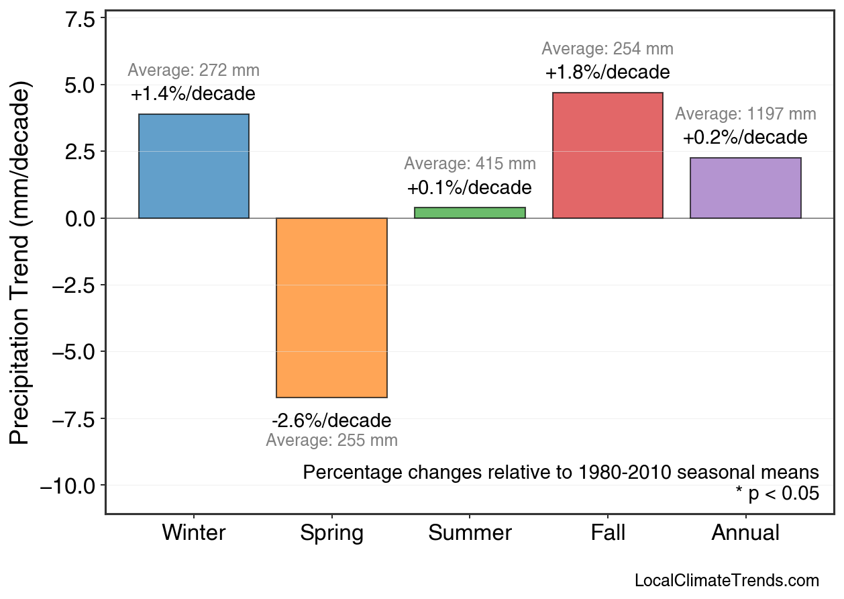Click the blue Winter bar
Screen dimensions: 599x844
(193, 166)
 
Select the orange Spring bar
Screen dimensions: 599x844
(331, 308)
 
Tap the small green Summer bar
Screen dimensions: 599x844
(470, 213)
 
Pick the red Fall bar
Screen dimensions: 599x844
(607, 155)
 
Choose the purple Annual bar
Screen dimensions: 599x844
(745, 188)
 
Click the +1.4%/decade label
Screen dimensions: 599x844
(193, 94)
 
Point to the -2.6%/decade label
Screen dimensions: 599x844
(331, 421)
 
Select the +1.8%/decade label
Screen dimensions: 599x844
(607, 72)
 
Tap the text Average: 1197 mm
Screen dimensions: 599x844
(745, 114)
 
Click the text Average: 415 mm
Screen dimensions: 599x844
(470, 164)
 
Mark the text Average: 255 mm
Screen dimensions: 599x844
(331, 441)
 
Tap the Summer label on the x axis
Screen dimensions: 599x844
(470, 533)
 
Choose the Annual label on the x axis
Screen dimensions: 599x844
(745, 533)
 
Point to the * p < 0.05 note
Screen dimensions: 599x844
(777, 494)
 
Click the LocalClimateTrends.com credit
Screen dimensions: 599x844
(727, 581)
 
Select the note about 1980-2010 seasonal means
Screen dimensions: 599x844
(561, 472)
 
